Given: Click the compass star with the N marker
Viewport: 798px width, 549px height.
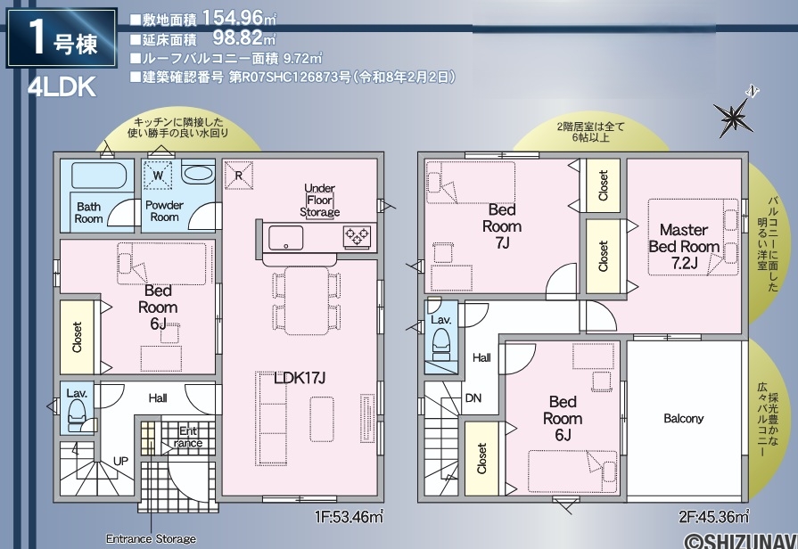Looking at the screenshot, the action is pyautogui.click(x=734, y=117).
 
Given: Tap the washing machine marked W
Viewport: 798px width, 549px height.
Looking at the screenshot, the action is pyautogui.click(x=159, y=176).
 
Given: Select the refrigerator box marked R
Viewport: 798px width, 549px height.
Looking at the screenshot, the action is pyautogui.click(x=239, y=176).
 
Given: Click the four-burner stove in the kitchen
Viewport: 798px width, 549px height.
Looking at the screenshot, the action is pyautogui.click(x=357, y=235).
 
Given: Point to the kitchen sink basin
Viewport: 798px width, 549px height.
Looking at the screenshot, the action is pyautogui.click(x=286, y=238).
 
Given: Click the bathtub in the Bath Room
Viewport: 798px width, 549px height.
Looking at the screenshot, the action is pyautogui.click(x=99, y=176).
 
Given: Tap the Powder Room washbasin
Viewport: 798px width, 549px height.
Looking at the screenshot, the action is pyautogui.click(x=197, y=174).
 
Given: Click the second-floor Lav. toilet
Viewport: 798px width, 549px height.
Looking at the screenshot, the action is pyautogui.click(x=441, y=342).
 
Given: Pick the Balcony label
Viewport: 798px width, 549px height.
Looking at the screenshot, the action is pyautogui.click(x=684, y=418).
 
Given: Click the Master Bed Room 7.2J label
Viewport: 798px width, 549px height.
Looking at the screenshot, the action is pyautogui.click(x=684, y=246).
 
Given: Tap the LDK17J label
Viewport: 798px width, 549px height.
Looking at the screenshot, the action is pyautogui.click(x=300, y=378).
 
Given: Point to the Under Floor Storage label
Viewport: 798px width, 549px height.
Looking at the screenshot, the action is pyautogui.click(x=319, y=200).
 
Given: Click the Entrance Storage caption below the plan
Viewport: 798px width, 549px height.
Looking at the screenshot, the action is pyautogui.click(x=151, y=538).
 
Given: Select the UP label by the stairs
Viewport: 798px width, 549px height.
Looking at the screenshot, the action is pyautogui.click(x=120, y=461).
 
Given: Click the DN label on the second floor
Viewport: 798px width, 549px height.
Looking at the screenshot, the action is pyautogui.click(x=473, y=397).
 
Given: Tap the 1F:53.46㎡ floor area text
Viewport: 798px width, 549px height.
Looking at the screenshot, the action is pyautogui.click(x=350, y=517).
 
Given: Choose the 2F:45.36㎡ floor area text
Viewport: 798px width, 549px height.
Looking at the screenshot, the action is pyautogui.click(x=713, y=517).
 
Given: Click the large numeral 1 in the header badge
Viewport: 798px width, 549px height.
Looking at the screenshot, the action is pyautogui.click(x=37, y=38).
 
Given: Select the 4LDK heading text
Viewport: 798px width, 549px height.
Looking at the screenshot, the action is pyautogui.click(x=62, y=88).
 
